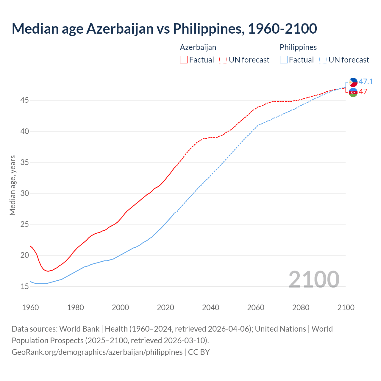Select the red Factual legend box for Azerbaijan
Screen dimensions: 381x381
click(184, 60)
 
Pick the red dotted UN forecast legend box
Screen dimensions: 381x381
click(223, 60)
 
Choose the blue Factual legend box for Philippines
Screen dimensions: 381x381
click(284, 60)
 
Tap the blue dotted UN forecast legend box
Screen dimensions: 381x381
click(323, 60)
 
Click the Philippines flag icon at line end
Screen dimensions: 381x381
click(353, 82)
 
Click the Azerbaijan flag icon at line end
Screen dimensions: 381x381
click(353, 92)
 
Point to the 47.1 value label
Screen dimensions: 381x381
click(366, 82)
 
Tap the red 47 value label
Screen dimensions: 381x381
click(363, 92)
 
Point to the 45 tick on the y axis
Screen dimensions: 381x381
click(24, 100)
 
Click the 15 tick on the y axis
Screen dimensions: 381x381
click(24, 286)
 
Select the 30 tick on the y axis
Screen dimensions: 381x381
click(24, 193)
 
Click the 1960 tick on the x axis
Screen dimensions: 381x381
click(30, 307)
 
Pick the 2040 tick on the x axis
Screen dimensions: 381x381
click(210, 307)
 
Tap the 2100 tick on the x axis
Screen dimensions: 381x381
click(346, 307)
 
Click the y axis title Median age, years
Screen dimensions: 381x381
click(13, 185)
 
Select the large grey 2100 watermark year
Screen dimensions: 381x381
click(314, 279)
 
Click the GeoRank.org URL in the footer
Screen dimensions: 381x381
click(97, 352)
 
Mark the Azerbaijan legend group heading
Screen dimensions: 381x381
click(198, 47)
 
